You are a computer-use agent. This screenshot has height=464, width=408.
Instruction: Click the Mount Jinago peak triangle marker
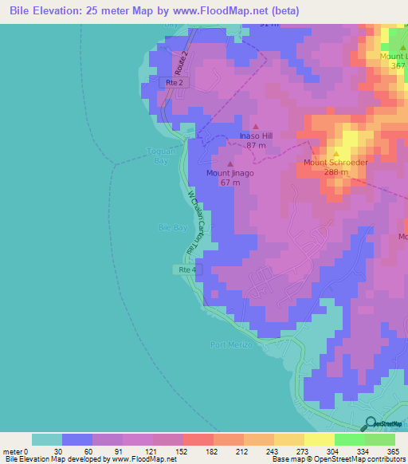[x=230, y=164]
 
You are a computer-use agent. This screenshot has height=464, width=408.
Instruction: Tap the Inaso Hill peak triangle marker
[x=256, y=127]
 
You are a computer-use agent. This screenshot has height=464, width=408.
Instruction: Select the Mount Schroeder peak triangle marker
[x=335, y=153]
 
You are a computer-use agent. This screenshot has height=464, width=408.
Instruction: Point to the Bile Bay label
[x=173, y=227]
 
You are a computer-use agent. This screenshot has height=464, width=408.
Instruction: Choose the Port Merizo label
[x=231, y=344]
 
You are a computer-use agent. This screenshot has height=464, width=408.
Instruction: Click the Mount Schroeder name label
[x=335, y=163]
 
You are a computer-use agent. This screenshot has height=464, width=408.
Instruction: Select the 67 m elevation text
[x=230, y=182]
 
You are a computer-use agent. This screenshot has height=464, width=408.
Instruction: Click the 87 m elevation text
[x=256, y=145]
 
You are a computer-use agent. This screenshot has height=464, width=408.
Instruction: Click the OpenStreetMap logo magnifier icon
[x=371, y=423]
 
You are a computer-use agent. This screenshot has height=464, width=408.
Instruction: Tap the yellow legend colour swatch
[x=319, y=439]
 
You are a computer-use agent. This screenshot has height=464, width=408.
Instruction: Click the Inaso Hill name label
[x=256, y=136]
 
